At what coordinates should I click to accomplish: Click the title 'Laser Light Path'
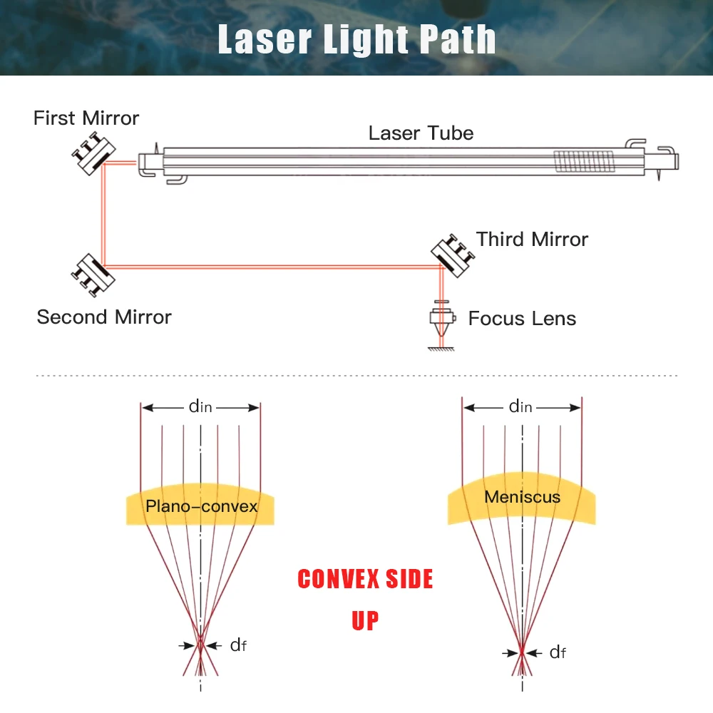[x=356, y=39]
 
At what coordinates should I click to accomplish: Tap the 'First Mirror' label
[x=86, y=118]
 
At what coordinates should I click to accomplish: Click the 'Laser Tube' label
[x=421, y=133]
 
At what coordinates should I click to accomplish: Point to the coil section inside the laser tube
[x=584, y=160]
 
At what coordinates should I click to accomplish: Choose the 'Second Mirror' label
[x=104, y=317]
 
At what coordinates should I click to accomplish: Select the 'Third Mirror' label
[x=532, y=239]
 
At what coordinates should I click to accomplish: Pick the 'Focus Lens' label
[x=522, y=318]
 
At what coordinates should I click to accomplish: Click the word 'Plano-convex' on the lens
[x=201, y=506]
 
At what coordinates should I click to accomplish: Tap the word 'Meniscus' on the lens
[x=523, y=496]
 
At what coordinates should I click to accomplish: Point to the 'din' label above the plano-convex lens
[x=201, y=407]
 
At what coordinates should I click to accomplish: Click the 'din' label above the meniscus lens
[x=521, y=407]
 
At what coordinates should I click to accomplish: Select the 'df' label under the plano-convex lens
[x=238, y=645]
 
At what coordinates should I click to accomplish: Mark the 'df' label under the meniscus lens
[x=558, y=652]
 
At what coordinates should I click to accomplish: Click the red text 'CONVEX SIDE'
[x=365, y=579]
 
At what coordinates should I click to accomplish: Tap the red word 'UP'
[x=365, y=620]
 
